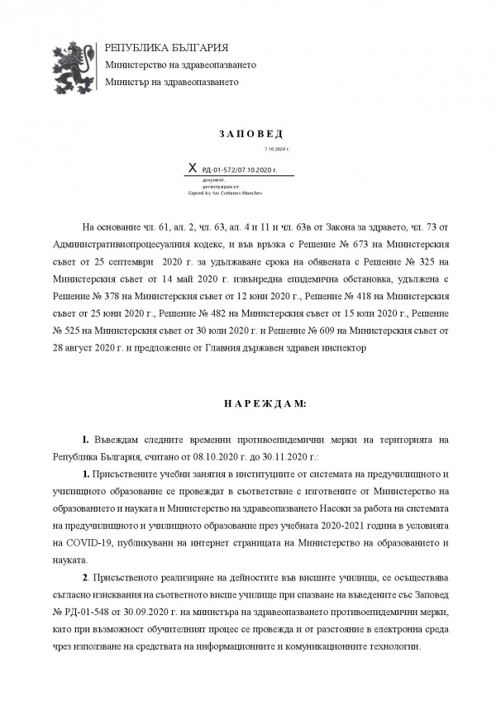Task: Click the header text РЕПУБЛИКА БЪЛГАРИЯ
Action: coord(166,47)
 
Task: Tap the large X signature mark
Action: coord(193,168)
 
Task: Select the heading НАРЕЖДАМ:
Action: coord(253,403)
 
